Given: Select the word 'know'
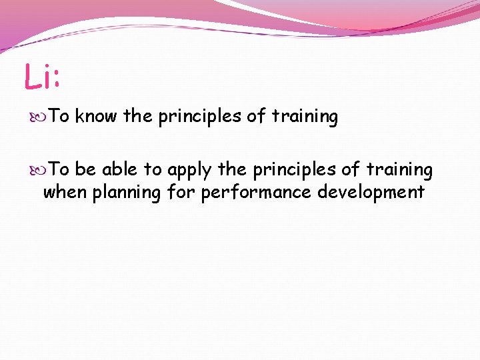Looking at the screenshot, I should (96, 117).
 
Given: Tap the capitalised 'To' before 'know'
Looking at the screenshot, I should (60, 117).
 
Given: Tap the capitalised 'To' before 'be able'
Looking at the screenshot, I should (60, 170).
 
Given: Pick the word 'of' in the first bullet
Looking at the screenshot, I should (256, 117).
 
